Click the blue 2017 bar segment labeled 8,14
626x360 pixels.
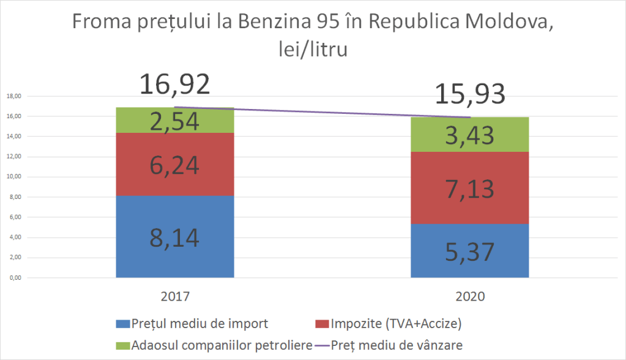[x=174, y=237]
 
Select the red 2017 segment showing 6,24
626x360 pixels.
[x=174, y=164]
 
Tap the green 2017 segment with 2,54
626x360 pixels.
[x=174, y=121]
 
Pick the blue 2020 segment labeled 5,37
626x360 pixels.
[x=469, y=251]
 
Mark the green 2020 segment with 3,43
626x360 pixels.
[x=469, y=135]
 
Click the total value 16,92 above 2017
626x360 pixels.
[x=175, y=84]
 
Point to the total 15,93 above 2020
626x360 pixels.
[x=470, y=94]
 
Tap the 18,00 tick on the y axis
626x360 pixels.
[x=13, y=96]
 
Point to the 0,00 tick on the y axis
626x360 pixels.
[x=13, y=278]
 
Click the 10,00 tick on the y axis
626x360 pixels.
[x=13, y=177]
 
